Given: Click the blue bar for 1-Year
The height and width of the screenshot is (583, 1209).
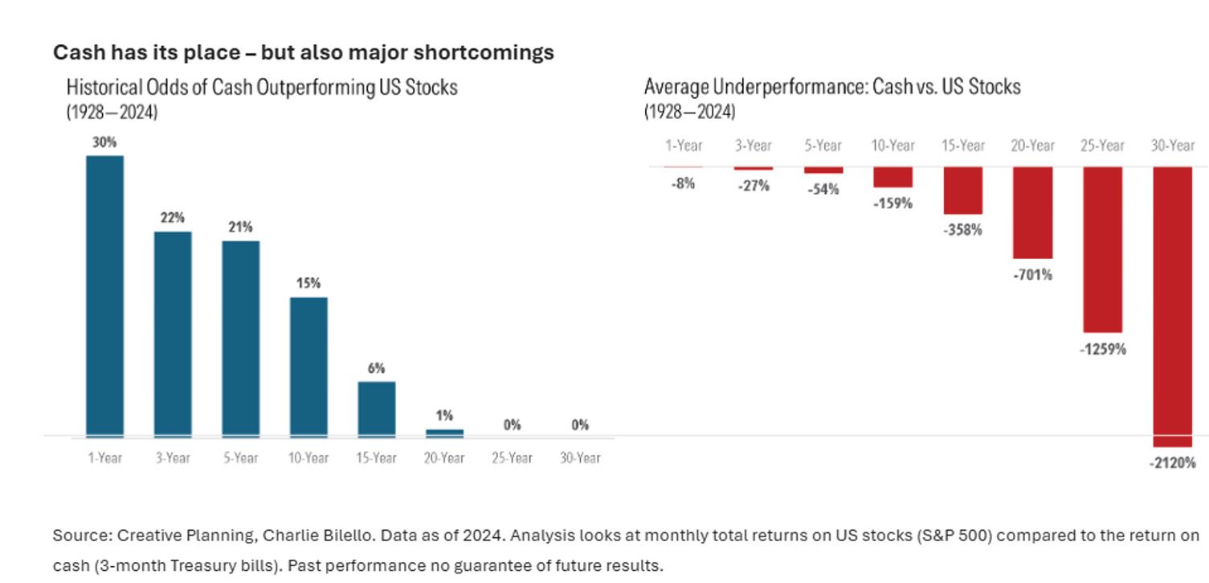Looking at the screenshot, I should click(x=105, y=296).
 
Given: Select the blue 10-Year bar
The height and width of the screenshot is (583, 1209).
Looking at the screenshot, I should click(x=308, y=367).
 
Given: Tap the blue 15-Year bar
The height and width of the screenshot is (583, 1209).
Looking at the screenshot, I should click(x=377, y=409).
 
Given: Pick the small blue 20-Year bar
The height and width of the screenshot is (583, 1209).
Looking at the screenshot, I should click(x=444, y=433).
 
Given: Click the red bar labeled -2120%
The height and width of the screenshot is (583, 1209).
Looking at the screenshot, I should click(x=1173, y=306).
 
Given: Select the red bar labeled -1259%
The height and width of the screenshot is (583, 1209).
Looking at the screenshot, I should click(x=1103, y=249).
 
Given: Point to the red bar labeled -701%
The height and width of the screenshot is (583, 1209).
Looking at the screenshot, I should click(x=1033, y=212).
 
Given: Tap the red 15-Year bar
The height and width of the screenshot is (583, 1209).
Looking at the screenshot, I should click(x=963, y=191).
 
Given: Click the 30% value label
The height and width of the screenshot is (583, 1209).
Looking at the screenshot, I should click(x=105, y=142).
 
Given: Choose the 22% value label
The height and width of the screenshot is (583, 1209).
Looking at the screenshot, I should click(x=173, y=218).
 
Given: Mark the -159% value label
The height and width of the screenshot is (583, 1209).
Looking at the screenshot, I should click(x=892, y=203).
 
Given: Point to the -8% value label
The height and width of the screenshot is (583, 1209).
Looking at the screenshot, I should click(x=683, y=183).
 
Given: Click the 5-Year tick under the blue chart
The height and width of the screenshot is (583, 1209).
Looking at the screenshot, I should click(x=241, y=458).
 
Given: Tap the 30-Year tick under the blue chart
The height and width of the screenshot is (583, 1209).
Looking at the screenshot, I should click(x=580, y=458).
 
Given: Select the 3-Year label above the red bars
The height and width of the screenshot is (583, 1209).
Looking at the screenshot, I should click(x=753, y=146).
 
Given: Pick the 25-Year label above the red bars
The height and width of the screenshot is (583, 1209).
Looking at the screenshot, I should click(x=1103, y=146).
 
